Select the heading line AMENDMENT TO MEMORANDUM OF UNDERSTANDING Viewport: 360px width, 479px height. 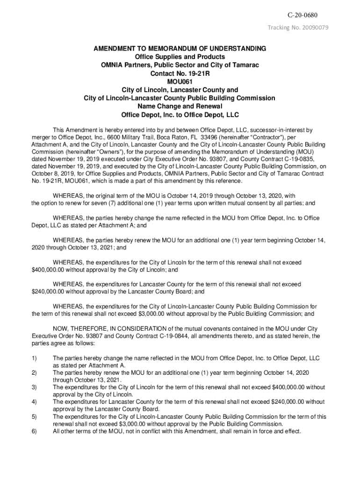pyautogui.click(x=180, y=49)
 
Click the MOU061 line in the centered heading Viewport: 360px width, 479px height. pyautogui.click(x=180, y=81)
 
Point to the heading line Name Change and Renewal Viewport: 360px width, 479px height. pyautogui.click(x=180, y=106)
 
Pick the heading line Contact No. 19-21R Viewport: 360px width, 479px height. pyautogui.click(x=180, y=73)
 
